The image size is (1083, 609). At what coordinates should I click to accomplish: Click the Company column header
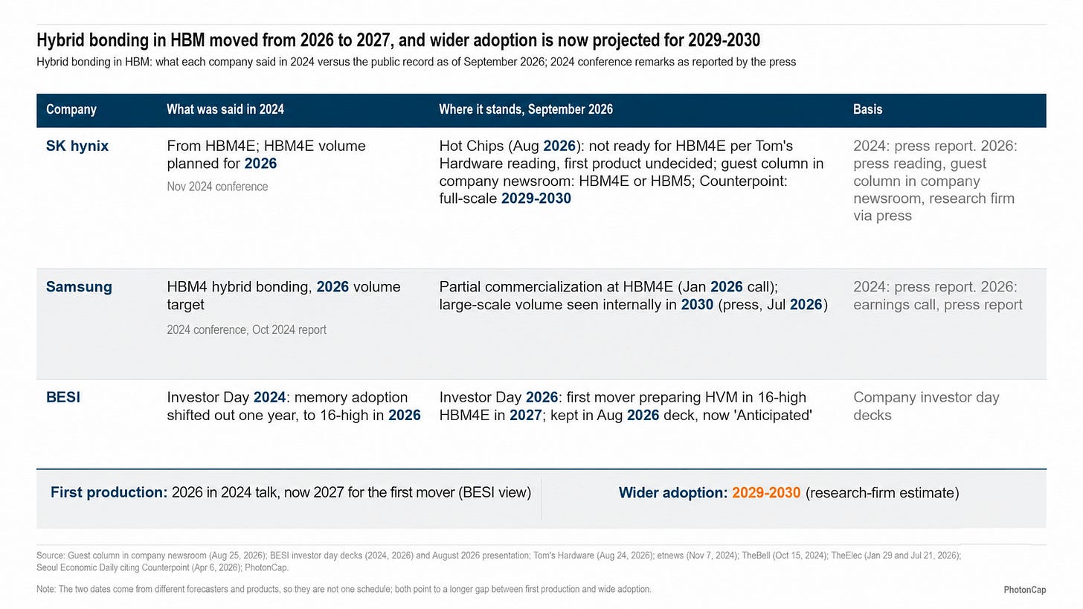(x=71, y=109)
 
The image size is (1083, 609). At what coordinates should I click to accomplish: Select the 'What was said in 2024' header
(x=225, y=109)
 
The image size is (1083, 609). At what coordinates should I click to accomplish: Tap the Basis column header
(x=867, y=109)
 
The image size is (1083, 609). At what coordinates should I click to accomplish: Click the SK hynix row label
(x=77, y=146)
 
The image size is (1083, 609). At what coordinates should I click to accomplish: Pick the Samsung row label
(x=79, y=286)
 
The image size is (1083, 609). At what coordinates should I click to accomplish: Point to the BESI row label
(x=62, y=397)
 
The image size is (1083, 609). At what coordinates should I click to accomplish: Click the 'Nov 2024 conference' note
(x=217, y=187)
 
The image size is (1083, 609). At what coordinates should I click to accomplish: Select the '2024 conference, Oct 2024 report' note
(x=247, y=329)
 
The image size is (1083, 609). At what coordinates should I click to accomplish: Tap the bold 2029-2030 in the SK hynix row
(x=536, y=198)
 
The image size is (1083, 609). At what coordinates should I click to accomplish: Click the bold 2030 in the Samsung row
(x=697, y=305)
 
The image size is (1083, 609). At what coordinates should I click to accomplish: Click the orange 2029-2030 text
(x=766, y=492)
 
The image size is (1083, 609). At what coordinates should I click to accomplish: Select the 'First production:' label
(x=109, y=492)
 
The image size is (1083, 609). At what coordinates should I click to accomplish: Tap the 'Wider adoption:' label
(x=673, y=492)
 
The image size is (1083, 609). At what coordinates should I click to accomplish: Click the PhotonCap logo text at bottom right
(x=1024, y=590)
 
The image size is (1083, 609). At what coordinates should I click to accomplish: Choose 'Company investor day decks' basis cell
(x=926, y=406)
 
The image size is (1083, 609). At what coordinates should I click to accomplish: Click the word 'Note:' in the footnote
(x=46, y=589)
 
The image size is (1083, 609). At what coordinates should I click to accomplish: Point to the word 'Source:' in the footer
(x=51, y=555)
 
